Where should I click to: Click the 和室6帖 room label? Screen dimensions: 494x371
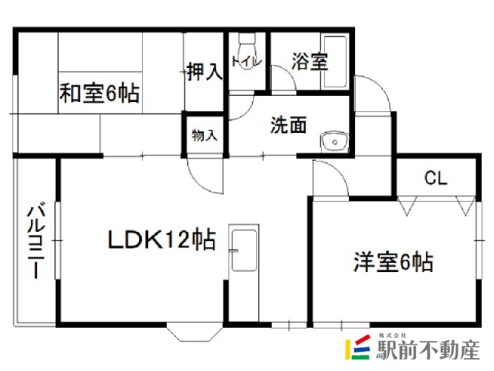(100, 93)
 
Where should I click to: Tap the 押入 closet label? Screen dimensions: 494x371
(205, 72)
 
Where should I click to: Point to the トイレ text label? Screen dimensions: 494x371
(246, 61)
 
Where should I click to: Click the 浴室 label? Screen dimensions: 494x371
(310, 61)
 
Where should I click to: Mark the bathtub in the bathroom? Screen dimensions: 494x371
(335, 62)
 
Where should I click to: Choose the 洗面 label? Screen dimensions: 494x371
(288, 125)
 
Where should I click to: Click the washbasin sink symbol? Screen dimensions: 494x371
(334, 142)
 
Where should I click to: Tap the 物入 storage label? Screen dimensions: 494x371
(205, 135)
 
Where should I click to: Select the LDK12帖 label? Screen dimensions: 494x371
(162, 240)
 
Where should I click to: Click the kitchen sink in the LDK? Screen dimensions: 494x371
(244, 250)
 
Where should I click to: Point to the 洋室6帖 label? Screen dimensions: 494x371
(393, 261)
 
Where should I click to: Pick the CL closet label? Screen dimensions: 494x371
(435, 179)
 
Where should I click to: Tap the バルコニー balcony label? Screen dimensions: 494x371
(36, 240)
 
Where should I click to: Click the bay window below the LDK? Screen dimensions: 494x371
(195, 332)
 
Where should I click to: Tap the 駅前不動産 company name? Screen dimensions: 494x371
(428, 350)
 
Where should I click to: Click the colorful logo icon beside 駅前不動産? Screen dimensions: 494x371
(357, 347)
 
